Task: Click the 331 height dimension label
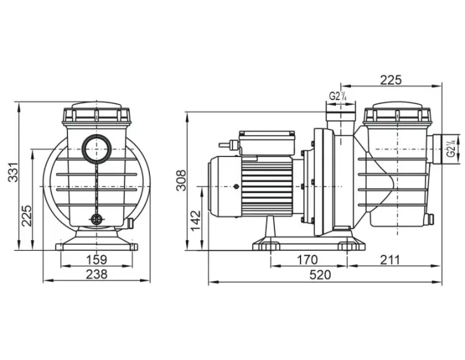[x=12, y=172]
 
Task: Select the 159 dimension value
[x=96, y=260]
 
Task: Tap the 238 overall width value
[x=96, y=274]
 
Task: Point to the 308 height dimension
[x=181, y=180]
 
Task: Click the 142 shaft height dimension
[x=195, y=221]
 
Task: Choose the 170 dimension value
[x=307, y=260]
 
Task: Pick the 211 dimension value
[x=390, y=260]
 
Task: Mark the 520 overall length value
[x=320, y=275]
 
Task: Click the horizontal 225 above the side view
[x=390, y=80]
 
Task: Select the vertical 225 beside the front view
[x=27, y=215]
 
